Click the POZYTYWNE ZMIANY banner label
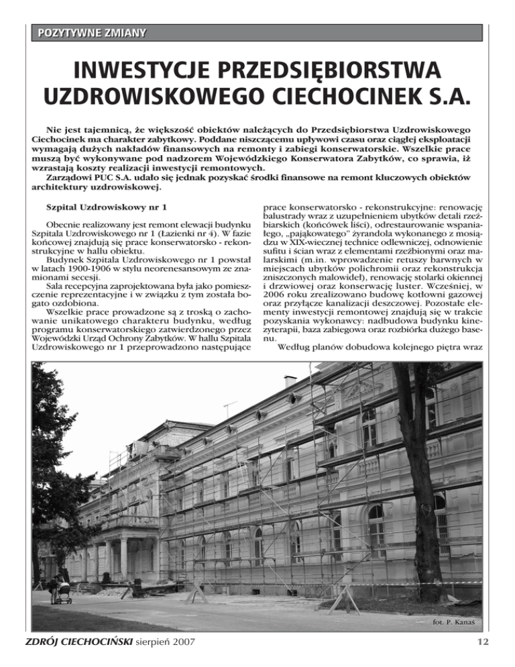coord(93,32)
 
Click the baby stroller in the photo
coord(63,593)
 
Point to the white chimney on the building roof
coord(290,381)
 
